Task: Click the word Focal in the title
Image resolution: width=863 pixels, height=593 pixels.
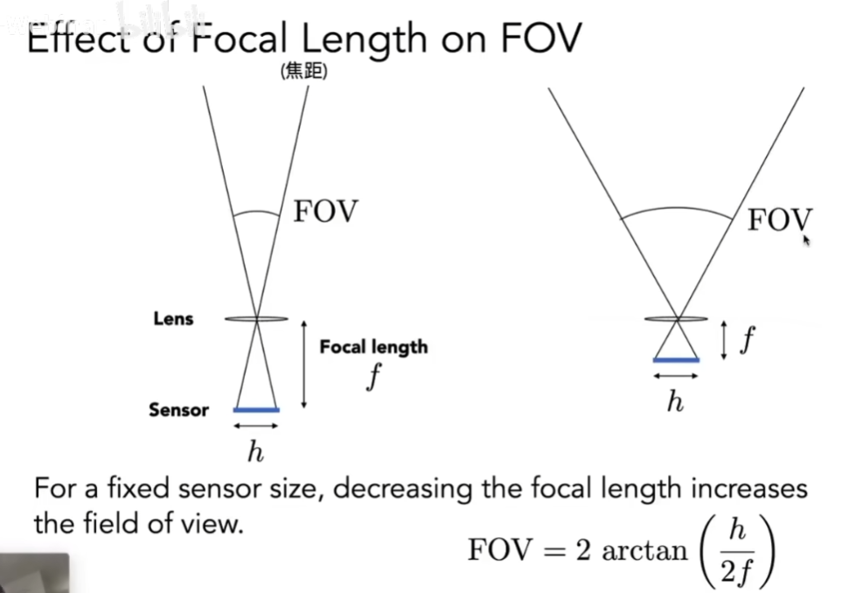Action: click(x=240, y=38)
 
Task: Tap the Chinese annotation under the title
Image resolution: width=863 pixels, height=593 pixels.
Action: click(x=303, y=71)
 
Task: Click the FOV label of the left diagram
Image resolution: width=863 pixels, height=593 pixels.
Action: click(x=326, y=212)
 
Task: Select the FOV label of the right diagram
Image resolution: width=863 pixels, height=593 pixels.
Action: click(x=780, y=220)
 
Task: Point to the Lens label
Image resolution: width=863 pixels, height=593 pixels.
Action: click(x=173, y=318)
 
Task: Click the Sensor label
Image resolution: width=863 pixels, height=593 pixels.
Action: click(x=179, y=410)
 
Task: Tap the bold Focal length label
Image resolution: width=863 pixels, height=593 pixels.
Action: click(x=373, y=347)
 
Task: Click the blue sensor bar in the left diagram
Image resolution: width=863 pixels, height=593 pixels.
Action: click(x=256, y=409)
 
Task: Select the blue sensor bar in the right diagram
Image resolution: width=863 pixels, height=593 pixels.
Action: click(x=677, y=360)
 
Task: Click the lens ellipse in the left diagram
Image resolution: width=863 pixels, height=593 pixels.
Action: click(x=256, y=318)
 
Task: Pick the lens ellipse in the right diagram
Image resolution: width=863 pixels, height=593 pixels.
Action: click(x=677, y=318)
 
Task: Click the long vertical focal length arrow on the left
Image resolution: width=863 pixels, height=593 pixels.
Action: click(x=303, y=365)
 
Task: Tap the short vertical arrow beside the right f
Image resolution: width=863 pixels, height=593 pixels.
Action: click(x=724, y=341)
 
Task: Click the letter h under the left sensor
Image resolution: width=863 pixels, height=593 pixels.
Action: click(x=255, y=452)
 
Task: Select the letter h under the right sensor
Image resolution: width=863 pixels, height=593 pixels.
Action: click(x=675, y=401)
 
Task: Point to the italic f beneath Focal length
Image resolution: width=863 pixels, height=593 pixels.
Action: click(x=374, y=377)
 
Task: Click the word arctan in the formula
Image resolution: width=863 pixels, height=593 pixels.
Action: click(x=644, y=551)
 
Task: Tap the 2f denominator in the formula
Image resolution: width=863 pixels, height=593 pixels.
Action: click(x=737, y=571)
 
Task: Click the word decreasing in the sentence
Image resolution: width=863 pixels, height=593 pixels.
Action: click(x=402, y=490)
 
